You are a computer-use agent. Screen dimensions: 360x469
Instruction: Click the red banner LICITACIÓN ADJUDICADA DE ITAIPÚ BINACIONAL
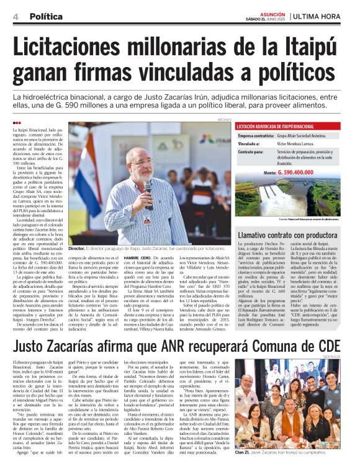click(x=277, y=126)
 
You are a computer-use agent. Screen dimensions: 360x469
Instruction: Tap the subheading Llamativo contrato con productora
click(x=287, y=235)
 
